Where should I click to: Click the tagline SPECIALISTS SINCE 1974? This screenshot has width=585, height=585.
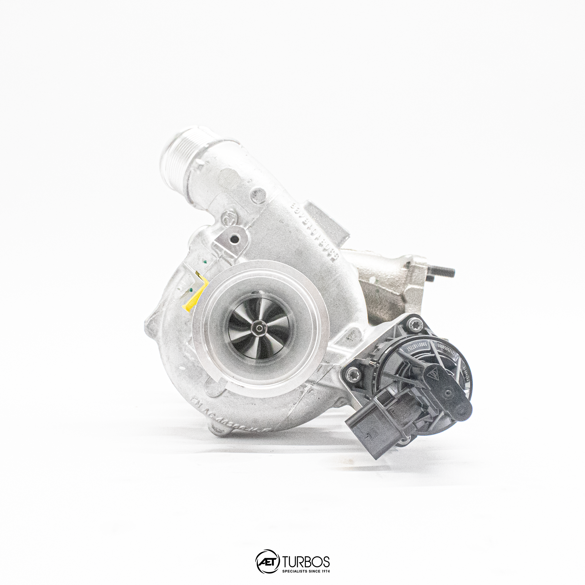click(306, 571)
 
